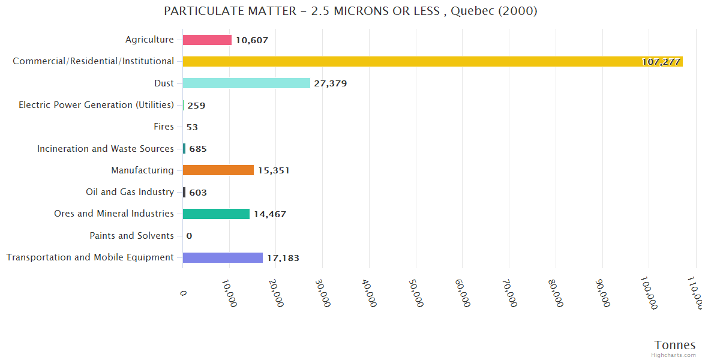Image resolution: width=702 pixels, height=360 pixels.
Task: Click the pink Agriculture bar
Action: coord(207,40)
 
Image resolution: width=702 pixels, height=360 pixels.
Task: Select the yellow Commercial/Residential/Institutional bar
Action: coord(432,61)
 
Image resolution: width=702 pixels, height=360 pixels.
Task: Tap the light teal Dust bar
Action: coord(246,83)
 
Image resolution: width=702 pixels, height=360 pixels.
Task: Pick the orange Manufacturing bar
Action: coord(218,170)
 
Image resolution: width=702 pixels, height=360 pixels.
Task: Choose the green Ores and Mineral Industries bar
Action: coord(216,214)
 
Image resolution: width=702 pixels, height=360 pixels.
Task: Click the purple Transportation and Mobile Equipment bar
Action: coord(223,257)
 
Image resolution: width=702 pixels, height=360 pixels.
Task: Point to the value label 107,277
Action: coord(661,62)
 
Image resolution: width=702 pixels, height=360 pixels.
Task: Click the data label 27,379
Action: coord(330,83)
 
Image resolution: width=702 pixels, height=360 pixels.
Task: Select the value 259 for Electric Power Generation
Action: coord(196,106)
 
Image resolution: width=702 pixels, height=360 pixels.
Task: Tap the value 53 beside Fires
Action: coord(192,127)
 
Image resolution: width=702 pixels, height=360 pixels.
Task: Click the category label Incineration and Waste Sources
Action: coord(106,148)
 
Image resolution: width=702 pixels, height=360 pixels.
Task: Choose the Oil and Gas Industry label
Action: coord(130,192)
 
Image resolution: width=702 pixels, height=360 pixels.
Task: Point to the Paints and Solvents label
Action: coord(131,236)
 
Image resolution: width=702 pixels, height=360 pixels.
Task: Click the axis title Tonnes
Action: coord(674,345)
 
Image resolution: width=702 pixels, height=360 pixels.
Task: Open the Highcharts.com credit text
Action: coord(674,355)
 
